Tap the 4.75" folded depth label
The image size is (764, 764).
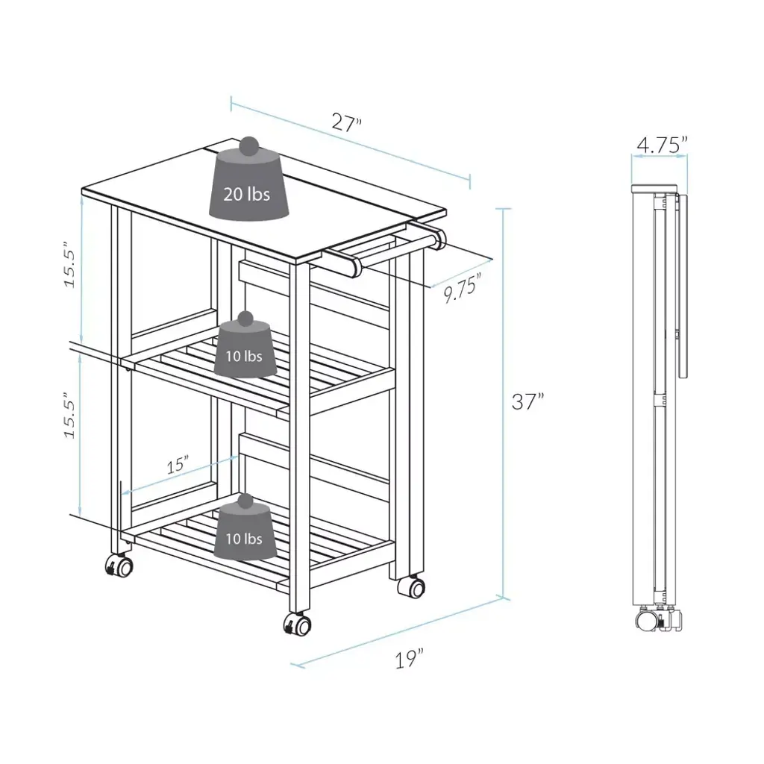pyautogui.click(x=662, y=145)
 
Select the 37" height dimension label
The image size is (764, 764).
pyautogui.click(x=527, y=401)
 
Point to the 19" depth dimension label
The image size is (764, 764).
pyautogui.click(x=409, y=659)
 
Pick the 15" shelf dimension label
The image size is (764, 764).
pyautogui.click(x=178, y=464)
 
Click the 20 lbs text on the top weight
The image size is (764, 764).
pyautogui.click(x=246, y=195)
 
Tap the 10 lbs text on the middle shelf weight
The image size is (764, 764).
pyautogui.click(x=244, y=356)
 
